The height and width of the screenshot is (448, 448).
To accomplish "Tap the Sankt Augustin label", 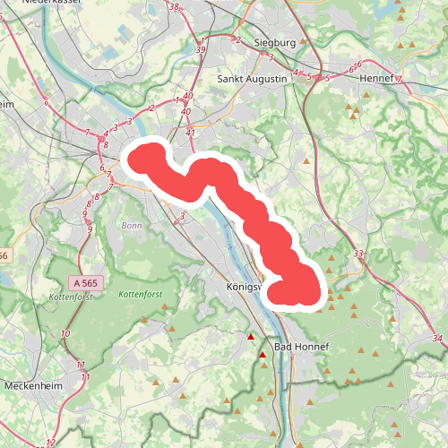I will point(254,80).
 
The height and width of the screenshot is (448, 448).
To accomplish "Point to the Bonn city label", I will point(131,226).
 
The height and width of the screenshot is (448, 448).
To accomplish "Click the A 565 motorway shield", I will point(84,282).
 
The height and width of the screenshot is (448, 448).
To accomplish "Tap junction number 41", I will point(190,133).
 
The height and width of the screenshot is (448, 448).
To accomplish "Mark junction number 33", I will point(358,255).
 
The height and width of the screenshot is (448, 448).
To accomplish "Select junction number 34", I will point(436,338).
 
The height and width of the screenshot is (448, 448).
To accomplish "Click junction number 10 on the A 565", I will point(65,334).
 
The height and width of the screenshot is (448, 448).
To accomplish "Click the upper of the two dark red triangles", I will point(251,338).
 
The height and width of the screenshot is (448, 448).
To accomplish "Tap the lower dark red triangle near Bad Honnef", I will point(263,356).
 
